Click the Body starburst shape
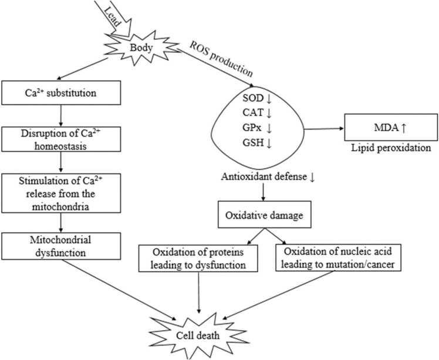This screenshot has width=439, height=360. [141, 48]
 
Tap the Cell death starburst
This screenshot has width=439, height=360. [198, 335]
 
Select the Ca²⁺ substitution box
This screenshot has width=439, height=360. [61, 93]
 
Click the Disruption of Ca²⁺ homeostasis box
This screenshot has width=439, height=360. [61, 140]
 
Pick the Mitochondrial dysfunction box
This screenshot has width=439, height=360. [61, 246]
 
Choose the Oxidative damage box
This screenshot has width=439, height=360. [264, 214]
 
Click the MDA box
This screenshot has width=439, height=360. [391, 127]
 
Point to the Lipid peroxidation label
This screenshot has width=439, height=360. [391, 148]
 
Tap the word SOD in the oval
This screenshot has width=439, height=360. [253, 98]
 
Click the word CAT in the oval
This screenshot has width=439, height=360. [253, 113]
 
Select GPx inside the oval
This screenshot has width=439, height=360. [252, 128]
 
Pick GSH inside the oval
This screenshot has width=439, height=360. [253, 142]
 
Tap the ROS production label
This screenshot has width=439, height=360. [221, 59]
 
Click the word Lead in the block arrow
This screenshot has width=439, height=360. [113, 16]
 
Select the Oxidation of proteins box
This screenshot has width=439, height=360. [198, 258]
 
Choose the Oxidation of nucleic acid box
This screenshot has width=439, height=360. [338, 257]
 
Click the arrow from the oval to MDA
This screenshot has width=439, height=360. [323, 129]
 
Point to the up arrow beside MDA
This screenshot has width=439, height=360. [403, 128]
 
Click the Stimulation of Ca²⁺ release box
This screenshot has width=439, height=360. [61, 193]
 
